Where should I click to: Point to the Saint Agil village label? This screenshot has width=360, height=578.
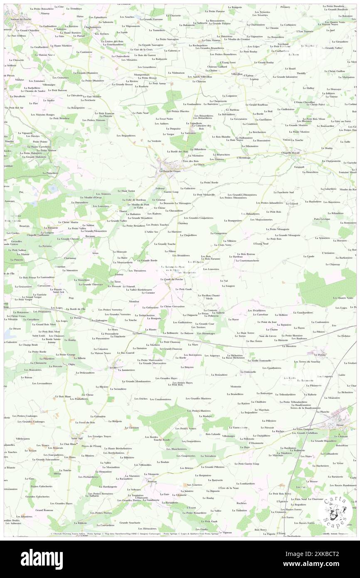point(76,438)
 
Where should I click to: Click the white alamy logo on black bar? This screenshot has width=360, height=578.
point(42,559)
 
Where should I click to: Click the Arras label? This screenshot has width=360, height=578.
point(96,252)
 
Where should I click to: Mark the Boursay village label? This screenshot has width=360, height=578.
point(152,481)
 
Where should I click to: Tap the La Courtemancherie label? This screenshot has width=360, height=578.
point(248,261)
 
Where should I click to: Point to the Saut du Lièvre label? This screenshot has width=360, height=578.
point(267,336)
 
